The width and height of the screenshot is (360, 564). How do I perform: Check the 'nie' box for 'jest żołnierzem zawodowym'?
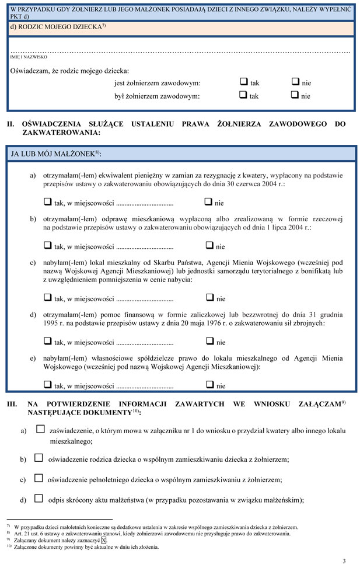coord(295,82)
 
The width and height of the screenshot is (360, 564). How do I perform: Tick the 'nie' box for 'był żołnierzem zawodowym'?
coord(295,95)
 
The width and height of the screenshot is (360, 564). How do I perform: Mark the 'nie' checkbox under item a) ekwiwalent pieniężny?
coord(209,203)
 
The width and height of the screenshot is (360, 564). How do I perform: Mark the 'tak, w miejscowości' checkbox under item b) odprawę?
coord(48,246)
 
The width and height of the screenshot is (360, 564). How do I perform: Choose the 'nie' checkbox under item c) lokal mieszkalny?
coord(209,298)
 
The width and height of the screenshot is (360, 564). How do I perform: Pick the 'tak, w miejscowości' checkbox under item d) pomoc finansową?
coord(48,342)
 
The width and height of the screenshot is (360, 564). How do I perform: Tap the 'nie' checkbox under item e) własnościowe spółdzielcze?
coord(209,385)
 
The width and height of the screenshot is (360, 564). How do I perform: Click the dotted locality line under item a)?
coord(145,204)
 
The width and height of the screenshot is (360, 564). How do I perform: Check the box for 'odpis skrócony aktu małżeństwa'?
coord(39,499)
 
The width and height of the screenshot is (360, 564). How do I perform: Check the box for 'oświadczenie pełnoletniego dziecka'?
coord(39,478)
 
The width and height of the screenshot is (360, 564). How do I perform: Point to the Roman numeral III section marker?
coord(12,404)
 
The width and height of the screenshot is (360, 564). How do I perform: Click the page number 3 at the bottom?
coord(344,560)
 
